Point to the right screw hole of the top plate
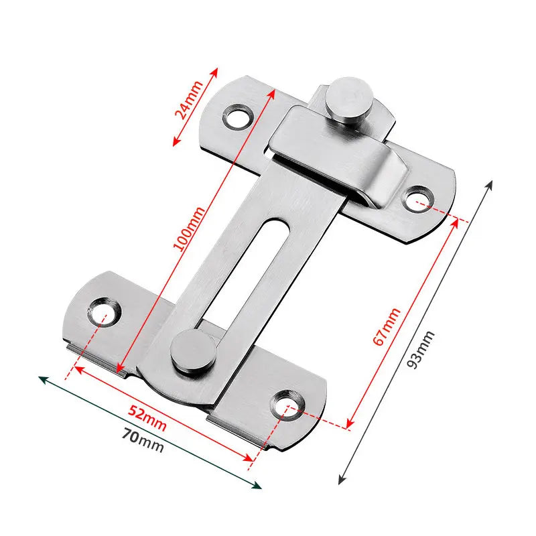(x=419, y=198)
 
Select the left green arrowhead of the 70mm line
(x=42, y=379)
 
